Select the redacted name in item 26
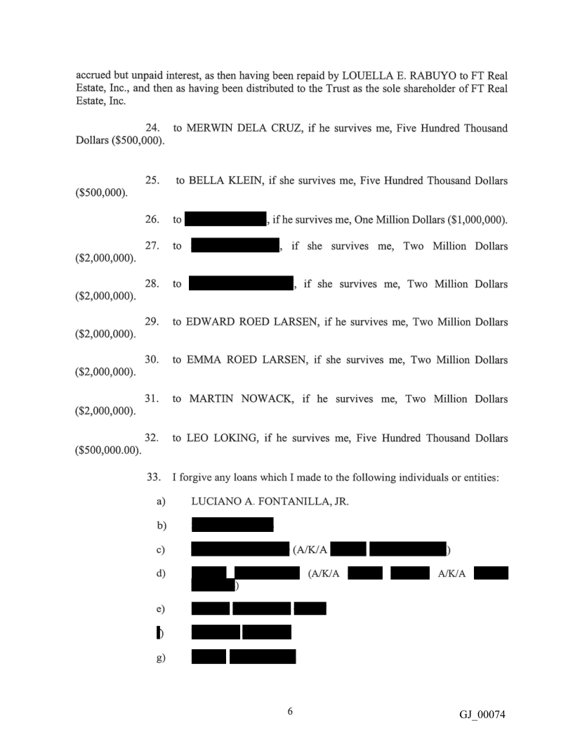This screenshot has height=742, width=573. [x=220, y=220]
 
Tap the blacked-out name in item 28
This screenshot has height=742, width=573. [x=240, y=284]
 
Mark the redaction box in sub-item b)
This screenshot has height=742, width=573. [x=232, y=525]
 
